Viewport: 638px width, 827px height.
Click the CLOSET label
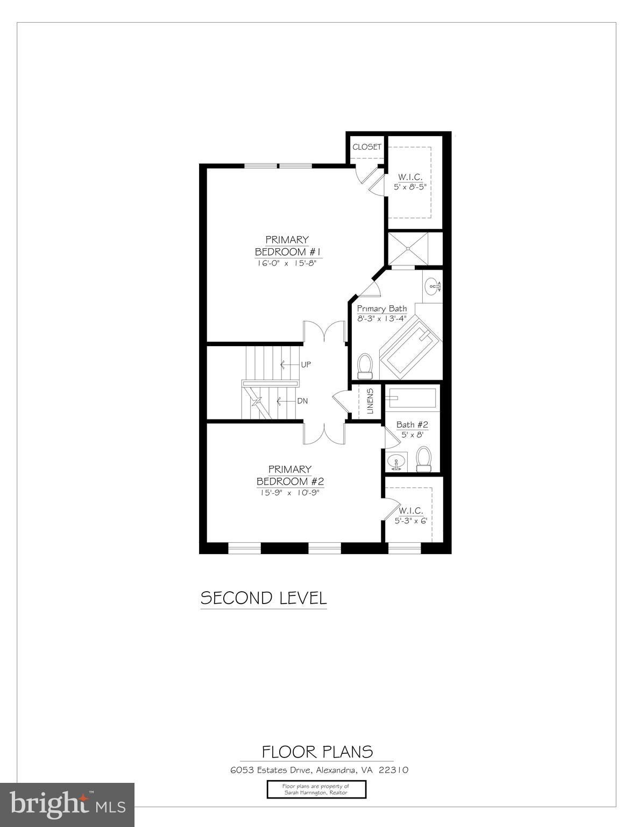coord(367,146)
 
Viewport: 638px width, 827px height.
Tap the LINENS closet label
coord(370,401)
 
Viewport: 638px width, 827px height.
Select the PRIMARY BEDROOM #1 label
coord(287,246)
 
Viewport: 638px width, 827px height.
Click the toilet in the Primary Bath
coord(366,366)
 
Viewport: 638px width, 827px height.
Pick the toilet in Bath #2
coord(424,459)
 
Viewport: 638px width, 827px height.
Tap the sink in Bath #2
coord(396,462)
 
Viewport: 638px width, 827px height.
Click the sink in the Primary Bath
coord(433,287)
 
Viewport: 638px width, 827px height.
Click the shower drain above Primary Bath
coord(408,249)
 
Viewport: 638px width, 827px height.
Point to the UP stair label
coord(306,365)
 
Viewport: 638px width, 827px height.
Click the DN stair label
coord(302,401)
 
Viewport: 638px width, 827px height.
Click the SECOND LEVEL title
coord(264,598)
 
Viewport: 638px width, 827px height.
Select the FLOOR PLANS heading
coord(317,751)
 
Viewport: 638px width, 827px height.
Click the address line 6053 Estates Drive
coord(319,770)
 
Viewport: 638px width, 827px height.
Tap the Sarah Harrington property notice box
coord(316,789)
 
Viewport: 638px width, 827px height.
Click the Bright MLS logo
coord(67,804)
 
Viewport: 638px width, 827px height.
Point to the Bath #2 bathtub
coord(412,398)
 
